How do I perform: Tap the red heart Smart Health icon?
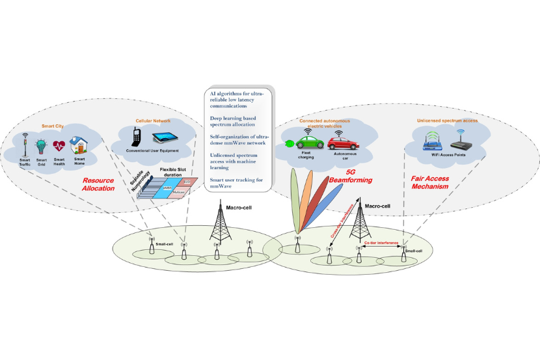pyautogui.click(x=60, y=145)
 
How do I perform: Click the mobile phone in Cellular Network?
pyautogui.click(x=137, y=137)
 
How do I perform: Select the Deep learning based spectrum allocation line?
pyautogui.click(x=233, y=123)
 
